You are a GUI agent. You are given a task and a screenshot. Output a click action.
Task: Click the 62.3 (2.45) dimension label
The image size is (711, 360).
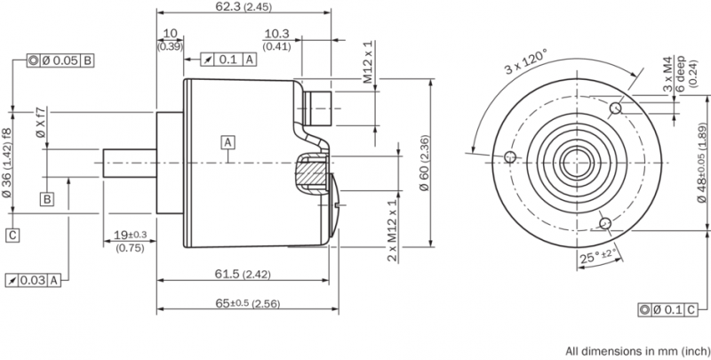click(x=243, y=7)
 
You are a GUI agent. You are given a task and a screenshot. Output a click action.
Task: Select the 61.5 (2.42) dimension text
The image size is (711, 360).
click(x=243, y=274)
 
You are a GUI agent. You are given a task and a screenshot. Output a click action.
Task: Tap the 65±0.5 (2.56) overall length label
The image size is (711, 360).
click(x=247, y=303)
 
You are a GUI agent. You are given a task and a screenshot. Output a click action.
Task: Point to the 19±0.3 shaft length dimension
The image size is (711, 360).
click(x=130, y=241)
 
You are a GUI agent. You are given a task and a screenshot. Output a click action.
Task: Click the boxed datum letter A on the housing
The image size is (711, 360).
click(x=228, y=142)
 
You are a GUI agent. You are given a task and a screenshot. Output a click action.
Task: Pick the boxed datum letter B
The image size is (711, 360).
click(x=47, y=199)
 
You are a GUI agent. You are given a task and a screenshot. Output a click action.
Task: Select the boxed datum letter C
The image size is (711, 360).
click(x=13, y=236)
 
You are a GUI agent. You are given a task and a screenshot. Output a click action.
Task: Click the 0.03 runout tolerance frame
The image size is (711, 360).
click(x=33, y=280)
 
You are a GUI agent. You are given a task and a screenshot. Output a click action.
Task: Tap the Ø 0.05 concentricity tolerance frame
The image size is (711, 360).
click(x=60, y=60)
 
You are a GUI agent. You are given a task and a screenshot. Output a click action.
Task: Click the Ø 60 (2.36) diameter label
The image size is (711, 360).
click(x=423, y=164)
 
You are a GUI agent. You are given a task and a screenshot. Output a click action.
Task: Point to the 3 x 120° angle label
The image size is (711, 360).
click(x=527, y=61)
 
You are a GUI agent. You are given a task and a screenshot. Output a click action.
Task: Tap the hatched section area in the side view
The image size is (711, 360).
click(x=311, y=172)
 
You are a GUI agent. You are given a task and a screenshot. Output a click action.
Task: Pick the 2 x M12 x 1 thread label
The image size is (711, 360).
click(x=393, y=231)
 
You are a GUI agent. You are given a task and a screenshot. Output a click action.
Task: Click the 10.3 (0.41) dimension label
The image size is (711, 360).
click(x=276, y=40)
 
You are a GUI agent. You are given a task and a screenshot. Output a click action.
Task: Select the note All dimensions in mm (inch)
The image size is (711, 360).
click(x=637, y=351)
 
